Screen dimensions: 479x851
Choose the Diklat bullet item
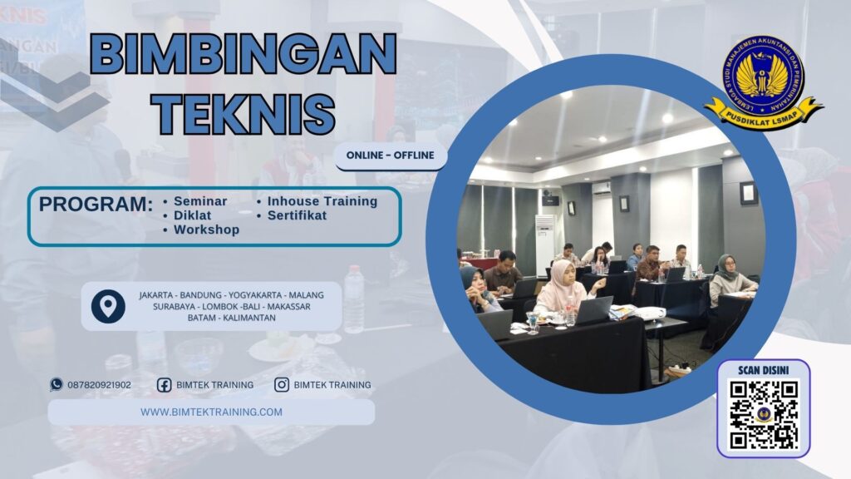click(x=192, y=215)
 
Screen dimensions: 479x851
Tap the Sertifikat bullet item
click(x=297, y=215)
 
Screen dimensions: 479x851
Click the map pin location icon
click(x=108, y=307)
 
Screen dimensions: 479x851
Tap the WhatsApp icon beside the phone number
click(x=57, y=384)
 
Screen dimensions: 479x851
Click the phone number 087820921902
click(x=99, y=385)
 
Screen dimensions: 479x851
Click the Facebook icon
click(x=164, y=385)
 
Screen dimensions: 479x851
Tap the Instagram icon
click(x=282, y=385)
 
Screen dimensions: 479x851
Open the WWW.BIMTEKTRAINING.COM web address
click(x=211, y=412)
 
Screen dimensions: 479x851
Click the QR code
click(x=763, y=415)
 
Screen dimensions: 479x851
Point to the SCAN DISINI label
click(x=763, y=369)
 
